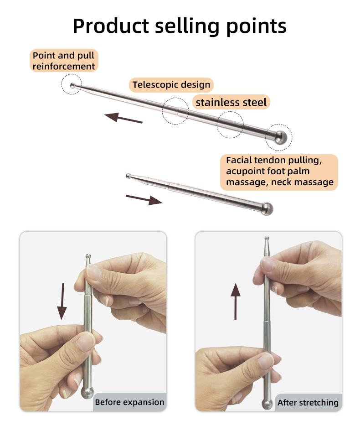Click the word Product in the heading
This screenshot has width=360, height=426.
click(111, 26)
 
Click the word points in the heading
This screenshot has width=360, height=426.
click(256, 27)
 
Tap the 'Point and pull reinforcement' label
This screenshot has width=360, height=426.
click(64, 61)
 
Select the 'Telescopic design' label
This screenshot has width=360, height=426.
click(171, 85)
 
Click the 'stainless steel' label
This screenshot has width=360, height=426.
click(231, 102)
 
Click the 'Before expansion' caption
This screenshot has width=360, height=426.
click(130, 402)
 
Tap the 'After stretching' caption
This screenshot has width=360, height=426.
click(308, 402)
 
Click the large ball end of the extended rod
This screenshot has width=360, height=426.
click(280, 137)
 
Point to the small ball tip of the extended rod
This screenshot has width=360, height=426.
click(72, 86)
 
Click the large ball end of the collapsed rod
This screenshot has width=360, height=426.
click(267, 209)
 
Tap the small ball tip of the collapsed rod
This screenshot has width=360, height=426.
click(128, 176)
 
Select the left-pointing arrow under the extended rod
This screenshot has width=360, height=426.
click(123, 118)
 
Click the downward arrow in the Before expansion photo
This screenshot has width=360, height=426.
click(62, 301)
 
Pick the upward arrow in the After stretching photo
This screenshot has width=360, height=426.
click(236, 301)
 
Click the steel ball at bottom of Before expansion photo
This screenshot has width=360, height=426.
click(87, 393)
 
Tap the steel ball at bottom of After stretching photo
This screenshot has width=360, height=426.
click(267, 405)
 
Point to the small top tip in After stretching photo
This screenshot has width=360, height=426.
click(267, 238)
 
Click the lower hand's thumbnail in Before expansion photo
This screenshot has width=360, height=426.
click(85, 342)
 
